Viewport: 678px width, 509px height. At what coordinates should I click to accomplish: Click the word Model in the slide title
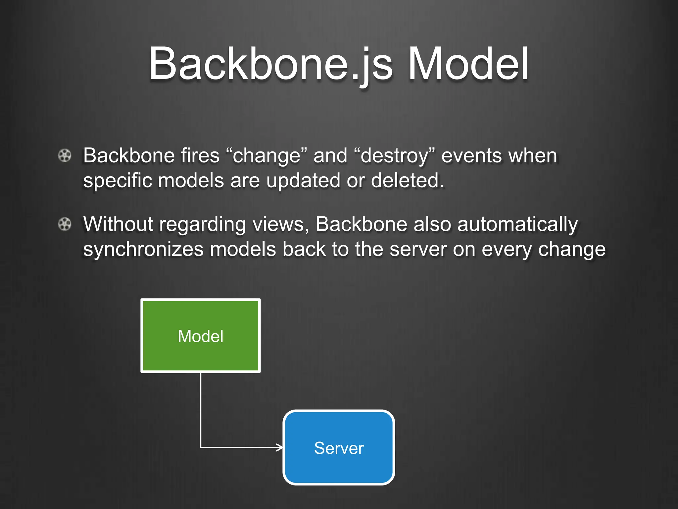click(x=468, y=64)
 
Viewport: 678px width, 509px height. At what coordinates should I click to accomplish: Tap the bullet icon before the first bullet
click(x=65, y=156)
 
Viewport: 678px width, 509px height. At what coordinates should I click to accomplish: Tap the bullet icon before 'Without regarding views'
click(x=65, y=224)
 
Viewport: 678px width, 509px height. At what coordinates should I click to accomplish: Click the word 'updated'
click(x=303, y=181)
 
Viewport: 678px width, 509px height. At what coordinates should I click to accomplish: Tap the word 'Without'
click(x=118, y=224)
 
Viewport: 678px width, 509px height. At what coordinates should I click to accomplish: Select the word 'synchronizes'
click(x=143, y=249)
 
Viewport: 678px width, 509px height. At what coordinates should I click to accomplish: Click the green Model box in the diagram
click(x=201, y=336)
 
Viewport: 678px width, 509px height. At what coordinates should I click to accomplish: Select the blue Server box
click(x=339, y=448)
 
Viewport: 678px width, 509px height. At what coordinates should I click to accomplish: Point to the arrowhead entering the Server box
click(x=280, y=448)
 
